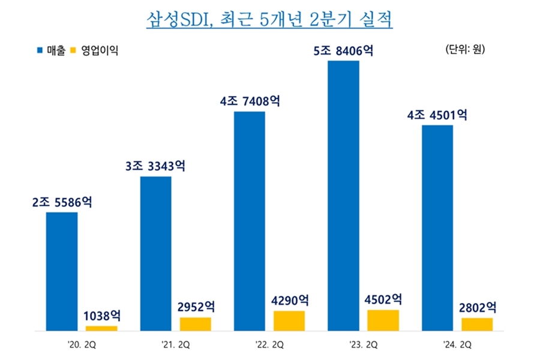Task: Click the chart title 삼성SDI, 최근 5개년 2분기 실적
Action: [269, 20]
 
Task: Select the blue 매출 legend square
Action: [40, 51]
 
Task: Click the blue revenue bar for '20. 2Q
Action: [62, 271]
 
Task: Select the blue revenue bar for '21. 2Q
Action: [155, 253]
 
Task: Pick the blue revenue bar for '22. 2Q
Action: [249, 221]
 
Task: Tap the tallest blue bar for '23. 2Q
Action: [343, 196]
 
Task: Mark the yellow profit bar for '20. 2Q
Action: [101, 328]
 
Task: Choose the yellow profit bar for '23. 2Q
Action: [383, 320]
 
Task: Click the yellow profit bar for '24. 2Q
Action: [477, 324]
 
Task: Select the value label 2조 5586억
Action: [62, 203]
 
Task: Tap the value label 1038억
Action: [101, 316]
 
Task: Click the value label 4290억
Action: [289, 300]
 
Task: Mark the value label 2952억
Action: [196, 307]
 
